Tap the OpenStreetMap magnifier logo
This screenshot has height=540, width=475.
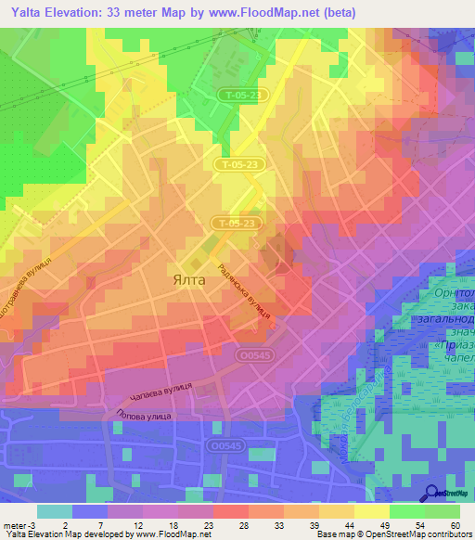[x=431, y=495]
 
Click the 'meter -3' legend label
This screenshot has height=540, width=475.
[x=20, y=524]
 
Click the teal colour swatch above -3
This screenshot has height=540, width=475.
[x=55, y=511]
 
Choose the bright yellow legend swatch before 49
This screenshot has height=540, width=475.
[x=371, y=511]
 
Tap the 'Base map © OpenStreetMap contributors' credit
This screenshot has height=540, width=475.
[x=393, y=534]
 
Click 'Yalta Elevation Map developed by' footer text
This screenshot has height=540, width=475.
[x=70, y=534]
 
